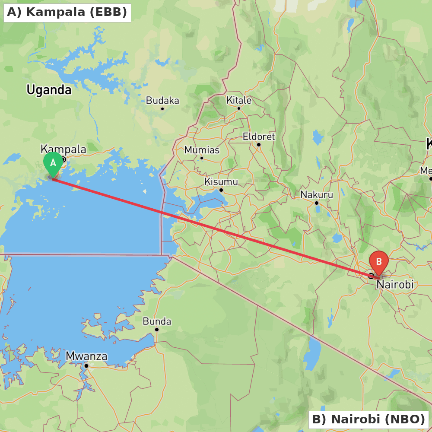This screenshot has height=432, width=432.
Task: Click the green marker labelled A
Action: pos(53,163)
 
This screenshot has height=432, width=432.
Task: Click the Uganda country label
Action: pos(49,90)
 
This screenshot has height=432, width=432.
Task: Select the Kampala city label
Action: pos(63,149)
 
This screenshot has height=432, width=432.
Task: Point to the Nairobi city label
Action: pos(395,285)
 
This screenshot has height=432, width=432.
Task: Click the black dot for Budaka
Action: pos(162,108)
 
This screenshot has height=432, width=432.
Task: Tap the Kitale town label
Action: pos(239,100)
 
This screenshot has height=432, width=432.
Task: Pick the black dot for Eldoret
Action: pos(259,145)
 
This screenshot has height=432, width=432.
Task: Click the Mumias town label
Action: pos(202,150)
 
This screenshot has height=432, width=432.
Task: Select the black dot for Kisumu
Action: pos(221,190)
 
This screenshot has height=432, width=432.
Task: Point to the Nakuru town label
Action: pos(317,195)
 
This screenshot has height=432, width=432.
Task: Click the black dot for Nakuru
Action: pos(317,203)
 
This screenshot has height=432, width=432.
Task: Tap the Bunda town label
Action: pos(157,321)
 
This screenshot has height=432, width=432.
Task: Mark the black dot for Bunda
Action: pos(157,330)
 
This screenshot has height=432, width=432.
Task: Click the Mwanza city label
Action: pos(86,356)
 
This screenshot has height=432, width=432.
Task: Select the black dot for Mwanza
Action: pos(86,365)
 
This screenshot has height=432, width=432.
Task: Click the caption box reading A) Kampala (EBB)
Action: pos(67,12)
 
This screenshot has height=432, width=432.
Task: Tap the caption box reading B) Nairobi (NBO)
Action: pos(368,419)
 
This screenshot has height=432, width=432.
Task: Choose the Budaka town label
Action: pos(162,101)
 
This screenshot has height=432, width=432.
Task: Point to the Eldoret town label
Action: pos(259,137)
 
